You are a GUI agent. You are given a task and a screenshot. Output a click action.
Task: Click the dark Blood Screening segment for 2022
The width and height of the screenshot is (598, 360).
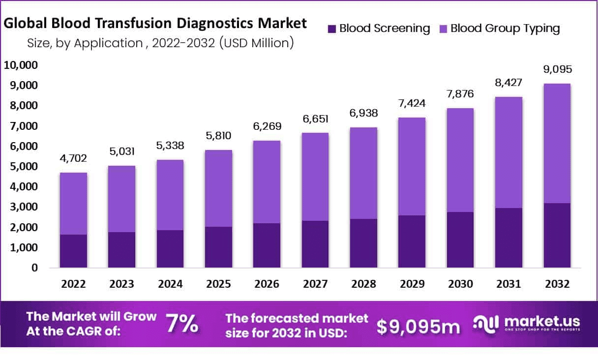(x=73, y=251)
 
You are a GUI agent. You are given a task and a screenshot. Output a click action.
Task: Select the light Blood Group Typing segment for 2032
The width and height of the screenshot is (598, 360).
(x=557, y=143)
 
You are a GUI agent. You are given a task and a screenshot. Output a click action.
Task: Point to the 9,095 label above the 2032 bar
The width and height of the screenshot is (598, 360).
(x=557, y=69)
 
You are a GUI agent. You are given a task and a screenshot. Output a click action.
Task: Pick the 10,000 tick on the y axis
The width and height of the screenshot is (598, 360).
(x=21, y=65)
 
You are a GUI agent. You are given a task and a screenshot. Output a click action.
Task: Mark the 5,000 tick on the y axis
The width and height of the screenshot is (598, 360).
(x=21, y=167)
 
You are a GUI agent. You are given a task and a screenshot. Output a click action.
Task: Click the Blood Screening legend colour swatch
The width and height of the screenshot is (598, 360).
(x=331, y=29)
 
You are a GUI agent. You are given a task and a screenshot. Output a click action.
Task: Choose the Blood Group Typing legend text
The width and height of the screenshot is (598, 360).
(x=505, y=28)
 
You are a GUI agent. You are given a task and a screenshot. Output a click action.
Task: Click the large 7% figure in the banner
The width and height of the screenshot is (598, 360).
(x=182, y=324)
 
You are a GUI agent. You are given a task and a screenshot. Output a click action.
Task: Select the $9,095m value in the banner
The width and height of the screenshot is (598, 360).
(x=419, y=326)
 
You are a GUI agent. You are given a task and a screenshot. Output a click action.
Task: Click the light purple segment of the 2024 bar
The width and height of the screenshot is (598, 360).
(x=171, y=195)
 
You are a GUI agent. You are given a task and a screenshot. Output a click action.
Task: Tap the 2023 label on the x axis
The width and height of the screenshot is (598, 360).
(x=121, y=284)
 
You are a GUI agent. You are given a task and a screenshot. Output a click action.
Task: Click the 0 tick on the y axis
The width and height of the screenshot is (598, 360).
(x=33, y=268)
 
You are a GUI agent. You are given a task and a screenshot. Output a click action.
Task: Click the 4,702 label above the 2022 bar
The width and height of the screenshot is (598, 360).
(x=73, y=158)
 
